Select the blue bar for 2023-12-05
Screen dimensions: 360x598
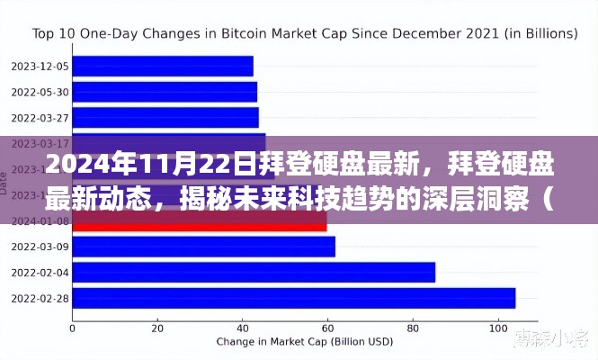pos(162,66)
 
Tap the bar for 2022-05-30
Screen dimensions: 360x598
pos(164,91)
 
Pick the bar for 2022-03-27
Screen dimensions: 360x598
pos(165,117)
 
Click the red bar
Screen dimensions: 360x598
pos(199,220)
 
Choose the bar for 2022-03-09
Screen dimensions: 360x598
pos(203,247)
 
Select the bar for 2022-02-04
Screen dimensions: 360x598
pos(254,272)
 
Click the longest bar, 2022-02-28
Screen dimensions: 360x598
pos(293,298)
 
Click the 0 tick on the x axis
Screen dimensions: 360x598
pos(71,327)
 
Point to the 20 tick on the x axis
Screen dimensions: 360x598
pos(156,327)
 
